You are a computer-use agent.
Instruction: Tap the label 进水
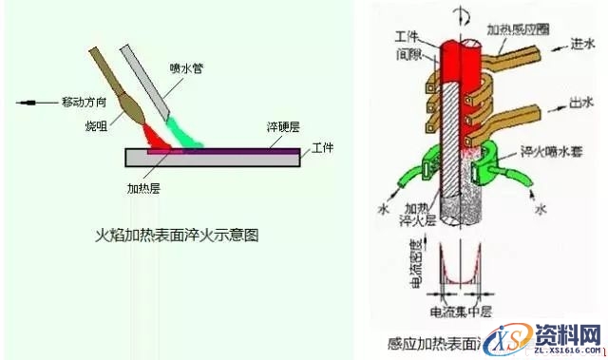[x=582, y=43]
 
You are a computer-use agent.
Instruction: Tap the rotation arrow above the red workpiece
[x=463, y=11]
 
